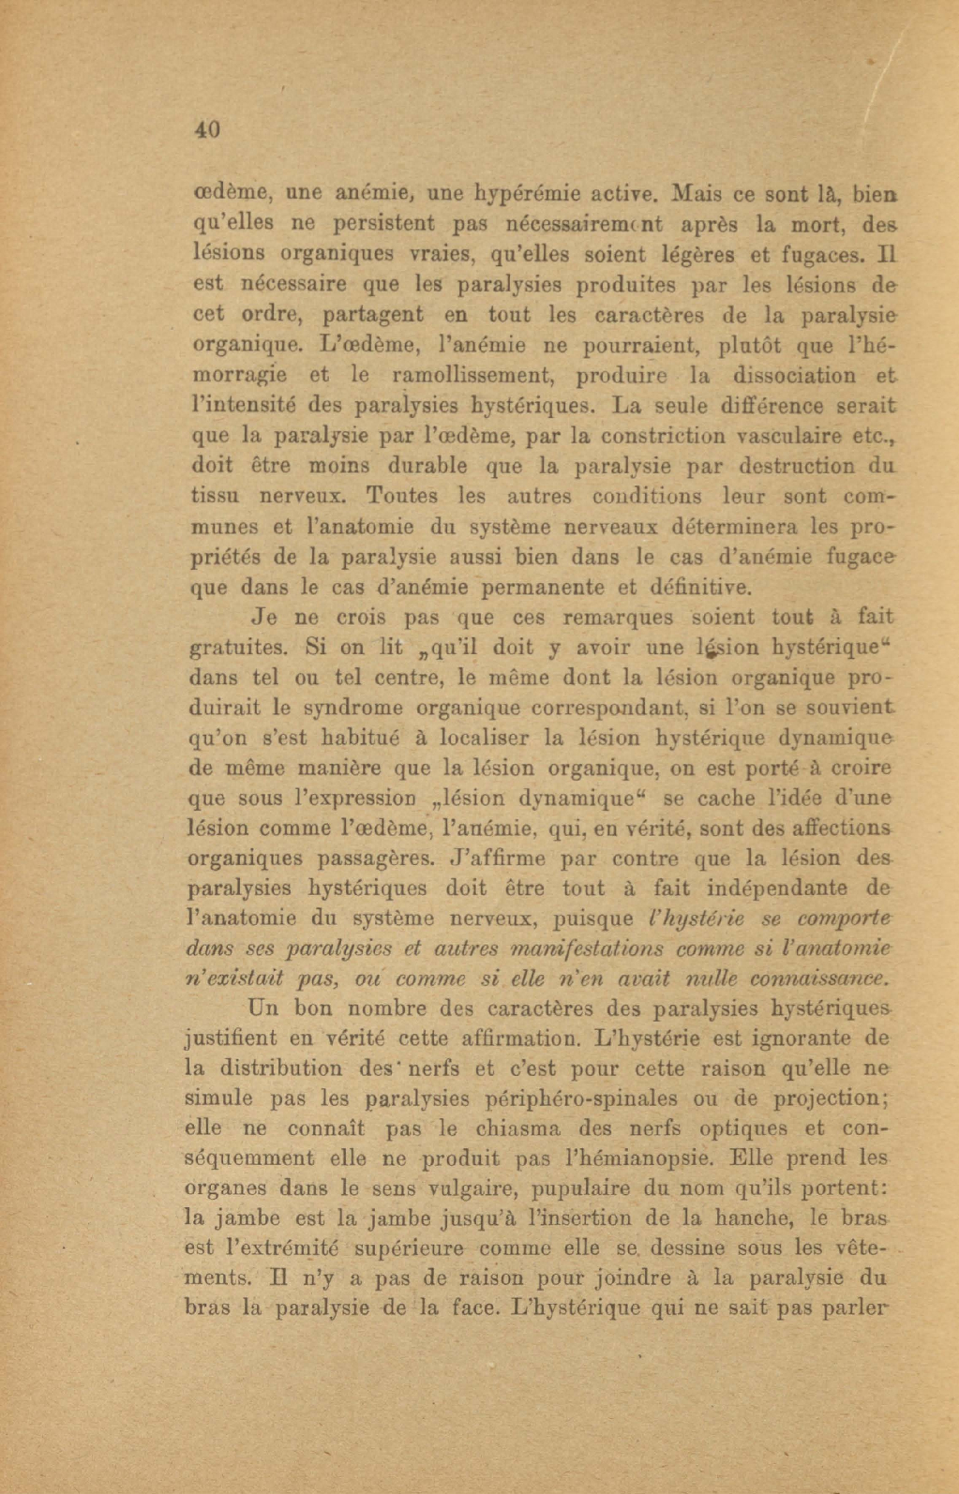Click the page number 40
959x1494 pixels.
[207, 130]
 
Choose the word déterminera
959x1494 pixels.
[735, 526]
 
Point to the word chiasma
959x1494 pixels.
[517, 1128]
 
